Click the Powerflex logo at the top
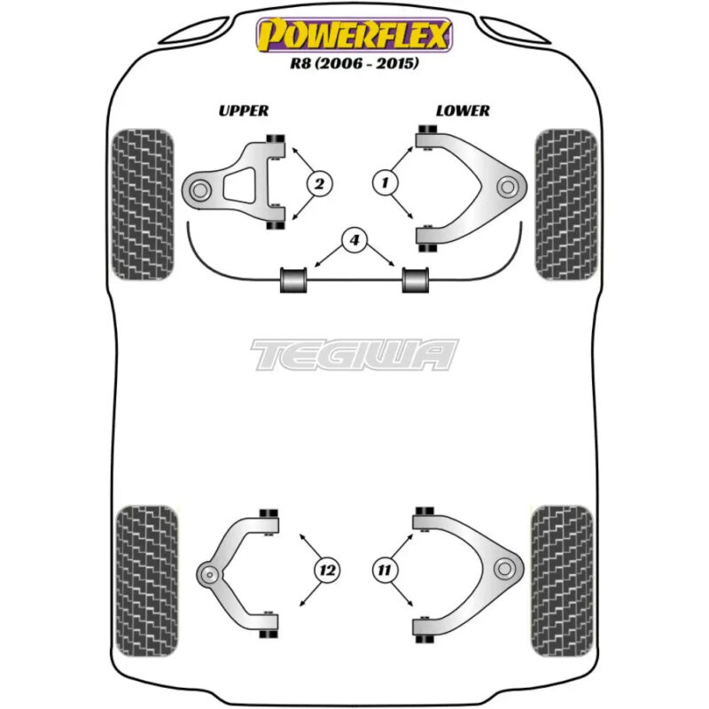(x=354, y=35)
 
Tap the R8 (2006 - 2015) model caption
(x=354, y=63)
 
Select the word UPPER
(x=243, y=111)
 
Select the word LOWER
(x=463, y=111)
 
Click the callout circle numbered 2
(x=319, y=184)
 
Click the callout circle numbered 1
(x=386, y=183)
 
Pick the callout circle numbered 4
(x=354, y=239)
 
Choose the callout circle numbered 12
(x=327, y=570)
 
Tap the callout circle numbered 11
(x=385, y=570)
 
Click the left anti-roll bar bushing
(x=293, y=280)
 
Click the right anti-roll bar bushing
(x=415, y=280)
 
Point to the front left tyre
(x=143, y=205)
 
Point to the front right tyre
(x=565, y=205)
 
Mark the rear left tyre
(x=147, y=581)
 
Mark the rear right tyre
(x=562, y=581)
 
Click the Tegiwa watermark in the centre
(x=354, y=354)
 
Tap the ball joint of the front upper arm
(x=199, y=191)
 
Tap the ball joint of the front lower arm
(x=507, y=187)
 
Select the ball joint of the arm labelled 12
(x=209, y=574)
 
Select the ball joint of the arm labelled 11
(x=504, y=568)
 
